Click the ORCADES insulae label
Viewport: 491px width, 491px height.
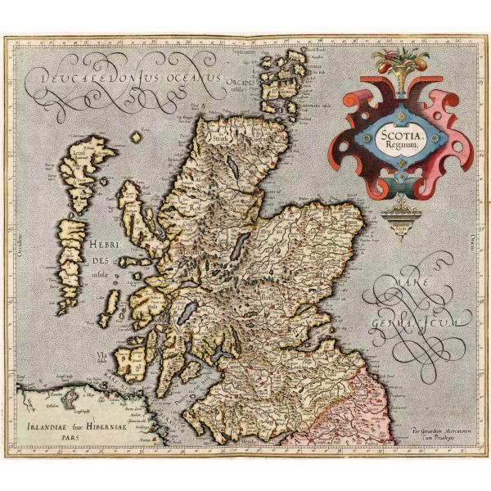pos(245,85)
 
